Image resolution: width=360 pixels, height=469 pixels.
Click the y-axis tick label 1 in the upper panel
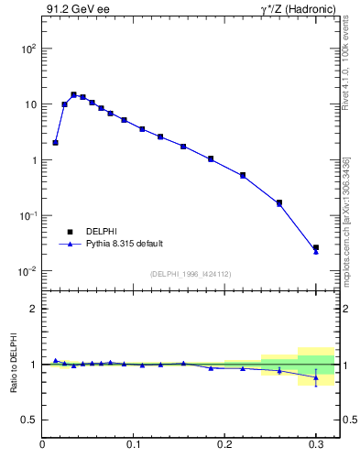pos(32,160)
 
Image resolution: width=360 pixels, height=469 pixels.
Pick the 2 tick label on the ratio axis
pos(33,309)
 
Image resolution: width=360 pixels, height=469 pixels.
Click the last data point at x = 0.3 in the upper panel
pos(315,248)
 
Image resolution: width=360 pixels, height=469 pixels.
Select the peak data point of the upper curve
pos(73,94)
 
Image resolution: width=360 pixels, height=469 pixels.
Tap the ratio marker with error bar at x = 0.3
pos(315,377)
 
